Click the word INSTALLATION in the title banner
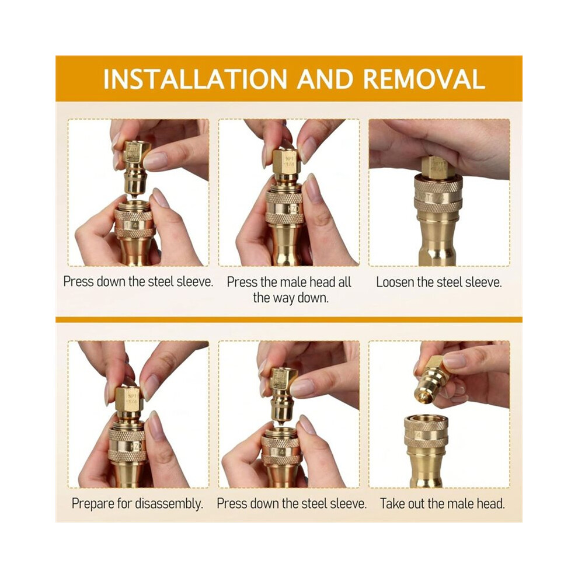click(x=195, y=79)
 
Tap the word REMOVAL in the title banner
click(x=424, y=79)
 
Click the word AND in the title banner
click(x=325, y=79)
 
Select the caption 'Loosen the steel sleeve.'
click(x=439, y=283)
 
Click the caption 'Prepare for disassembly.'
click(x=138, y=503)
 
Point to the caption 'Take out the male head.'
click(x=443, y=503)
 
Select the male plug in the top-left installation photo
click(x=135, y=168)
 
